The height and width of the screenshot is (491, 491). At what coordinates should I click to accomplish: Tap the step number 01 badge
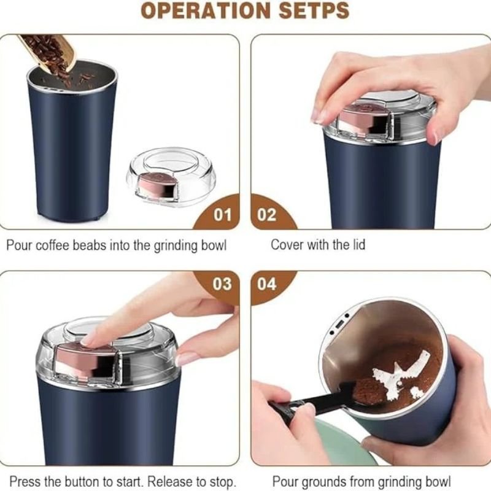222,215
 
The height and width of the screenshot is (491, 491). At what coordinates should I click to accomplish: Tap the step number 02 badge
267,215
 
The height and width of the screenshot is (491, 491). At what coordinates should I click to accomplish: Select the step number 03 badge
222,284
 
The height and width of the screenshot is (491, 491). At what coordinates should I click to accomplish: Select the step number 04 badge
267,284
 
